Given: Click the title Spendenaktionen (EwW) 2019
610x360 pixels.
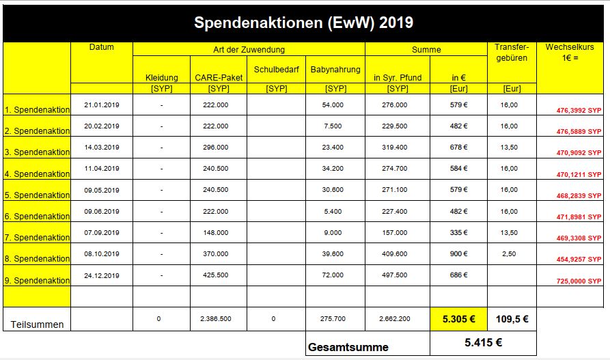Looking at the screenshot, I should (304, 23).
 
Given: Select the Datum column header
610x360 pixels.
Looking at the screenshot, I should (102, 47).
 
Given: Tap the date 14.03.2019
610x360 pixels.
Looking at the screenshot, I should (102, 147).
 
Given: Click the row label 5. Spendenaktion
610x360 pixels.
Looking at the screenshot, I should (37, 195).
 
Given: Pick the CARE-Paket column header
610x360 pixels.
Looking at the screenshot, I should (219, 78).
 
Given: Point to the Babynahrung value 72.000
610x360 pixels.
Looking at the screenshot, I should (335, 275).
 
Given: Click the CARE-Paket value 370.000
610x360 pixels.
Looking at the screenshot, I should (219, 253).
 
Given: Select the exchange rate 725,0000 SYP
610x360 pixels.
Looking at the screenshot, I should (579, 281).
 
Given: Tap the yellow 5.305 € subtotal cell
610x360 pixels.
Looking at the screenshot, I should (458, 318).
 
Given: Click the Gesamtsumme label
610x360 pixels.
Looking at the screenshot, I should (348, 347).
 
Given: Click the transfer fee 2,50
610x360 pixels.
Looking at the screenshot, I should (509, 253).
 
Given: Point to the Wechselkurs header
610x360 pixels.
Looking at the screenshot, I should (572, 53).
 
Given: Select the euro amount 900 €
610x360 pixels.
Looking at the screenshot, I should (458, 253).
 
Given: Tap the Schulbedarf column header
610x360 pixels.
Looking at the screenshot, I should (277, 70).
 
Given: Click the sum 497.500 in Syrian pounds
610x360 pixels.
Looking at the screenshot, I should (398, 275).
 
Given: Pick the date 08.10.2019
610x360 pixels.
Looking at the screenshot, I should (102, 253).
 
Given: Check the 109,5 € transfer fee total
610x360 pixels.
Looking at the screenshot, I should (512, 318).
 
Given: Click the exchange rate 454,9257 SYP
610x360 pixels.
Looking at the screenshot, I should (579, 260).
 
